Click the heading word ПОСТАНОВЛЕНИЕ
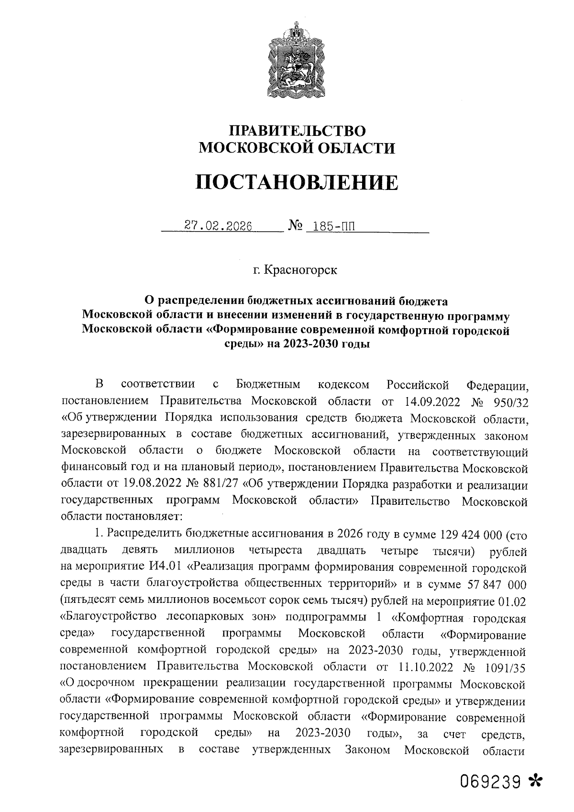[297, 183]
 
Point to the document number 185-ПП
[331, 225]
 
